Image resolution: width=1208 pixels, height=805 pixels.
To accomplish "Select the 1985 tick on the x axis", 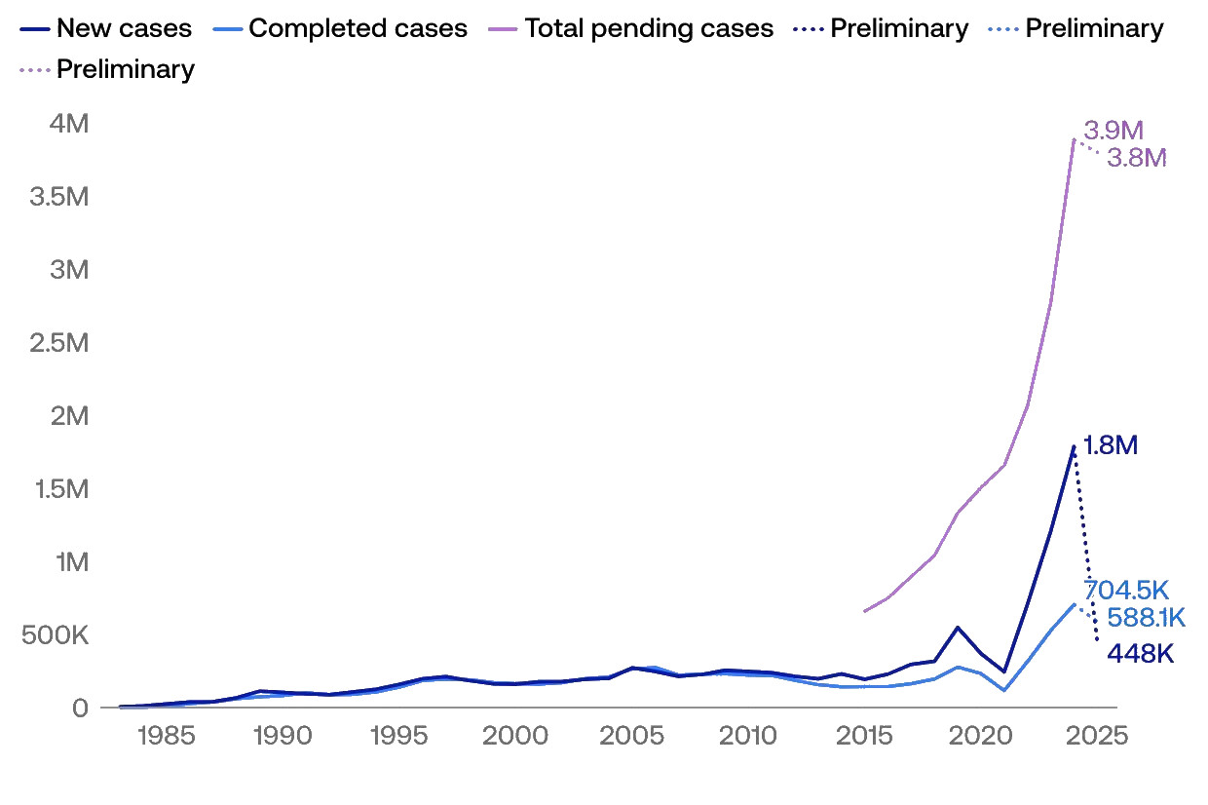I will [166, 736].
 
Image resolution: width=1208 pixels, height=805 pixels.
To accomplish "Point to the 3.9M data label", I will [1113, 131].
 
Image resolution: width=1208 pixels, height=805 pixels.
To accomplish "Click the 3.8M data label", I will [1137, 158].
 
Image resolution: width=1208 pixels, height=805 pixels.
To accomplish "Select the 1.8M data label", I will [1111, 446].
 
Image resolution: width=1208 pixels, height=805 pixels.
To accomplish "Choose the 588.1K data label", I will [1146, 618].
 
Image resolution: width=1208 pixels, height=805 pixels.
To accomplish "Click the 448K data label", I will [1140, 654].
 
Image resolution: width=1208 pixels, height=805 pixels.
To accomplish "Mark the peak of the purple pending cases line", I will [1074, 139].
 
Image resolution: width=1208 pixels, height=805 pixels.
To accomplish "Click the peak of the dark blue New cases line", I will [1074, 447].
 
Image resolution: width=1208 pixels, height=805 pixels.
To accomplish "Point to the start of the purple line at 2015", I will [864, 611].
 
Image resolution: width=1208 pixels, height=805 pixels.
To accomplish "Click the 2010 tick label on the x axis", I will [749, 736].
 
